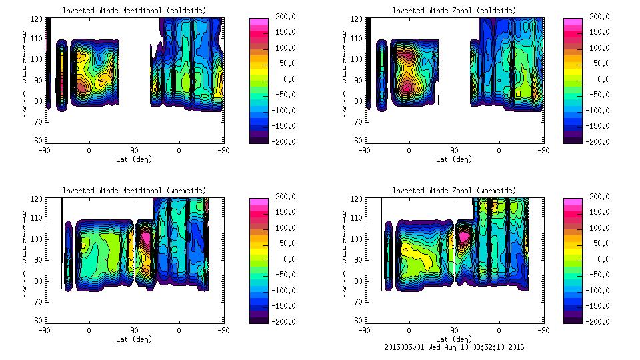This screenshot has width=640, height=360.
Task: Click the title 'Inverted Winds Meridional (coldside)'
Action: tap(134, 11)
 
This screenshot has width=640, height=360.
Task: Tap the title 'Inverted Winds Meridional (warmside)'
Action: tap(134, 191)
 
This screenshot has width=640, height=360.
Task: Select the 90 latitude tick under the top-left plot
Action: tap(134, 150)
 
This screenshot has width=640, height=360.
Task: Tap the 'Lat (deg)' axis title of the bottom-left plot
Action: tap(134, 339)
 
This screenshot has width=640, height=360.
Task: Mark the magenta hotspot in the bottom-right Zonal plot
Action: tap(465, 235)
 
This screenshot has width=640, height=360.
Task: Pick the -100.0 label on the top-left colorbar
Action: tap(284, 110)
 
